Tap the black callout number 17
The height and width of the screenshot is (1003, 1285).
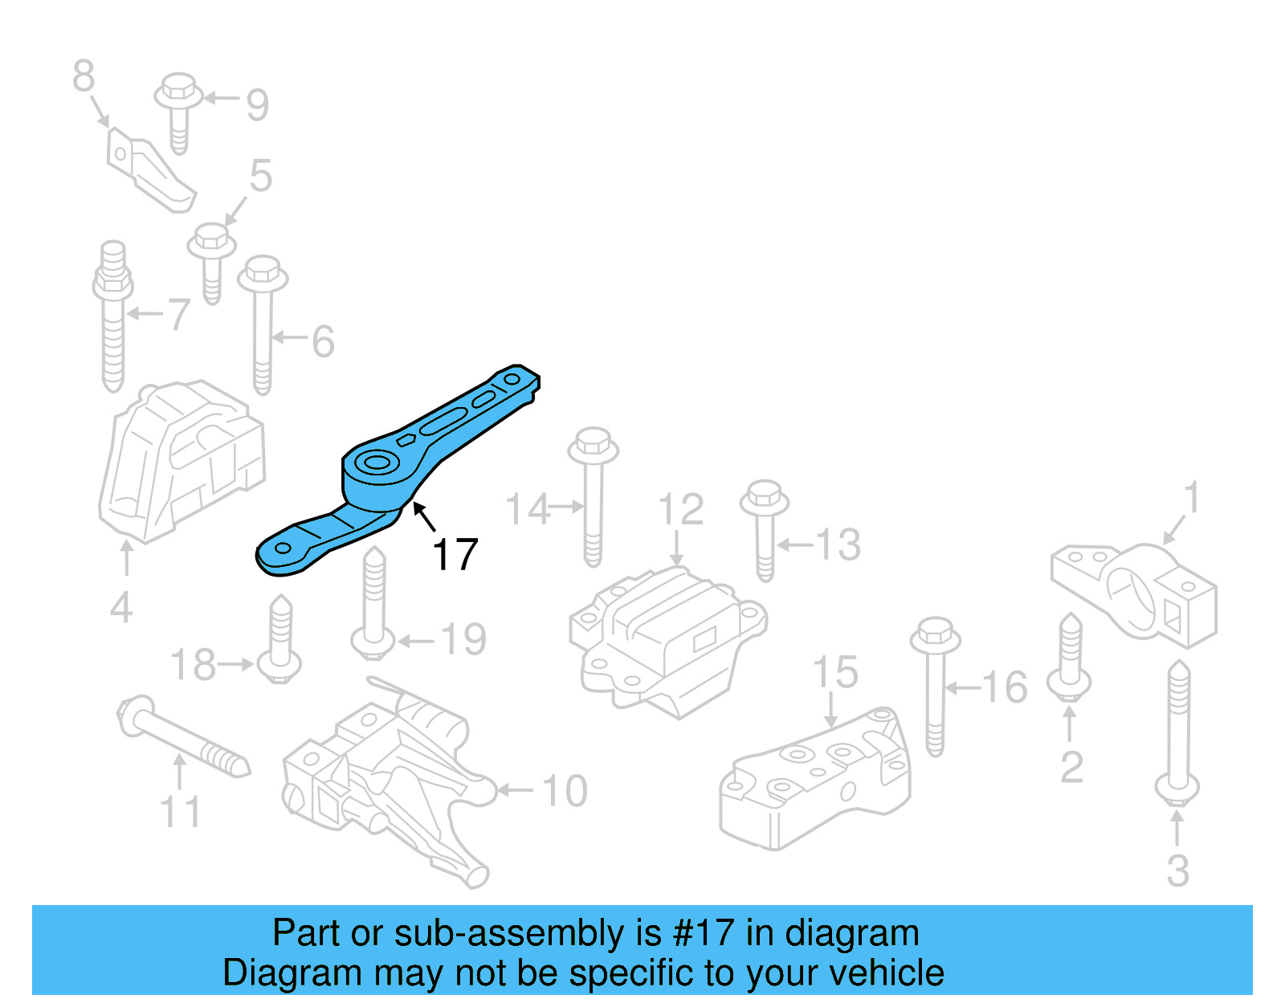(455, 555)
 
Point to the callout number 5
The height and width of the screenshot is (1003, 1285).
(261, 176)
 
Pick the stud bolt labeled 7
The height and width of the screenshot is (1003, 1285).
(113, 317)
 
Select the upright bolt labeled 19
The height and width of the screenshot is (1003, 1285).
(373, 602)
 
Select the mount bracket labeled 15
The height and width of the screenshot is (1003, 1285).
(815, 779)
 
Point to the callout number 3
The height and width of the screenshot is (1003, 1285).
(1177, 871)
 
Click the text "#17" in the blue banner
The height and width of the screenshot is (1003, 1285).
(703, 933)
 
